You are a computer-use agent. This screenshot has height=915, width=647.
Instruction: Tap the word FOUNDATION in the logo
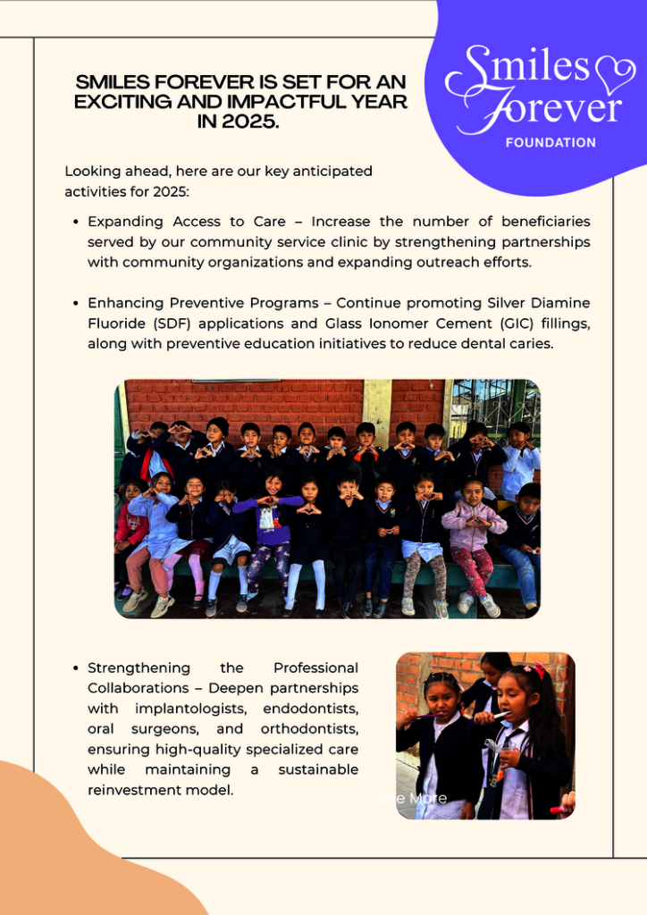pyautogui.click(x=550, y=142)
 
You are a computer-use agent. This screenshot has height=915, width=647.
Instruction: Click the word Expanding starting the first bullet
pyautogui.click(x=125, y=222)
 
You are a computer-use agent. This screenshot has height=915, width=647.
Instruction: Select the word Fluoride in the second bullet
pyautogui.click(x=119, y=323)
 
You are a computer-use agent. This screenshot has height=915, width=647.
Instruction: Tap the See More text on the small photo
pyautogui.click(x=414, y=798)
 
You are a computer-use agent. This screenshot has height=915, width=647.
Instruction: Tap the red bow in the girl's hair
pyautogui.click(x=536, y=669)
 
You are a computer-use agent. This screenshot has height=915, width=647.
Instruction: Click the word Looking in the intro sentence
pyautogui.click(x=91, y=171)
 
